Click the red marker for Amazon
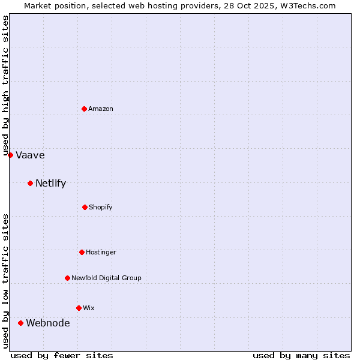coord(85,109)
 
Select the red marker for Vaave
coord(10,155)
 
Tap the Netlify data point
coord(30,183)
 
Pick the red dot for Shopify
coord(85,207)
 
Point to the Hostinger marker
coord(82,252)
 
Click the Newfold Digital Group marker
coord(67,278)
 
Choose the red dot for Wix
coord(79,308)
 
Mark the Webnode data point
coord(20,323)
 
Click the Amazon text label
coord(101,109)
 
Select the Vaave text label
coord(30,155)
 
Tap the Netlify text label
coord(50,184)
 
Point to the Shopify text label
coord(101,207)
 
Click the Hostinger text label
coord(101,252)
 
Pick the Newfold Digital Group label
coord(106,278)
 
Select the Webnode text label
coord(47,323)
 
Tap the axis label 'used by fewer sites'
coord(62,355)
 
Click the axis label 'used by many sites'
coord(301,355)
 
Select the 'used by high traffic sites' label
coord(5,85)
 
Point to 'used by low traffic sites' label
coord(5,281)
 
